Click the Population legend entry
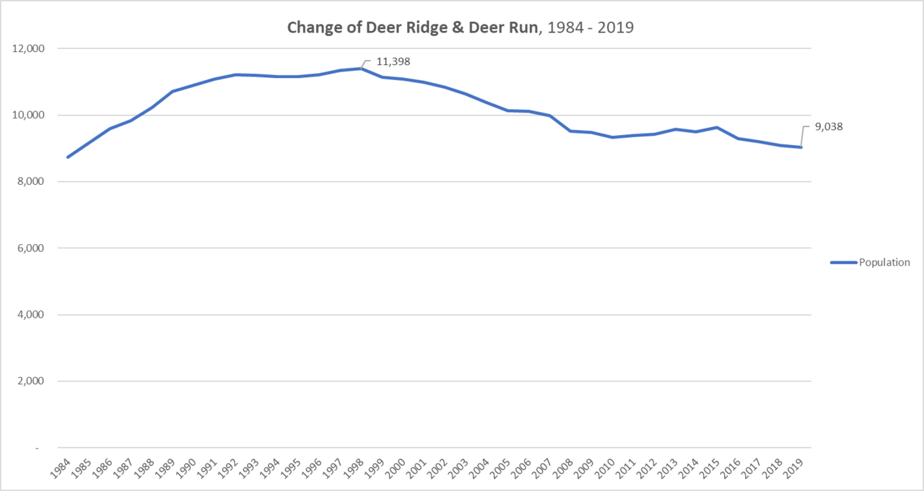pos(884,262)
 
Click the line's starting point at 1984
pos(68,157)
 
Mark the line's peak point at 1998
pos(361,69)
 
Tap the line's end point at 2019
pos(801,147)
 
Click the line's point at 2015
pos(717,128)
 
